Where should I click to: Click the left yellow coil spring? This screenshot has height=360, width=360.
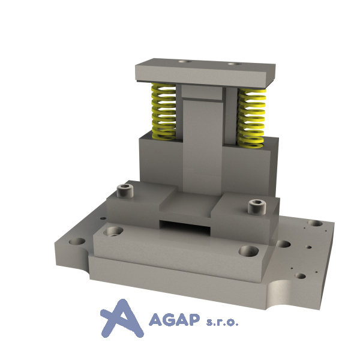(x=164, y=112)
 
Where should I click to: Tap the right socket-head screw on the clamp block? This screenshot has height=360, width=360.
(x=257, y=206)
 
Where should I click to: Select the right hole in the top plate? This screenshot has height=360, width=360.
(x=235, y=64)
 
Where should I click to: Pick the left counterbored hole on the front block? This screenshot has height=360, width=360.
(x=113, y=231)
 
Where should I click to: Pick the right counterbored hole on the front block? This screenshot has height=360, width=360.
(x=248, y=251)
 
